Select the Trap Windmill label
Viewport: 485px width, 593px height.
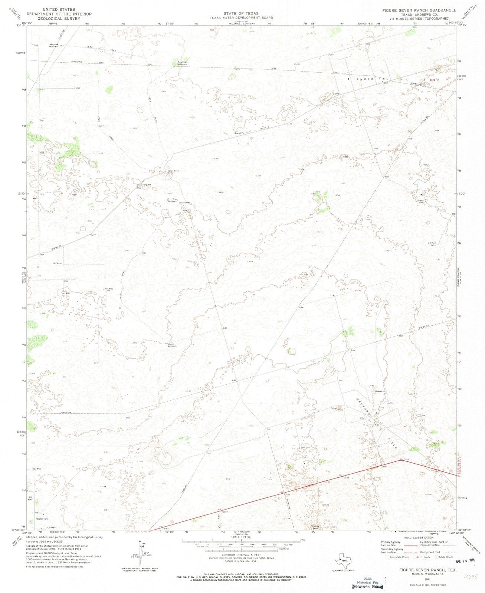click(x=173, y=201)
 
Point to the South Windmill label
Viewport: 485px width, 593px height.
click(x=172, y=345)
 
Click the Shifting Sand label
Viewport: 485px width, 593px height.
click(x=315, y=527)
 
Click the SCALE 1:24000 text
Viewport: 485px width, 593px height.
click(x=241, y=537)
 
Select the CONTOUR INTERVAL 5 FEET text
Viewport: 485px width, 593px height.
click(x=241, y=554)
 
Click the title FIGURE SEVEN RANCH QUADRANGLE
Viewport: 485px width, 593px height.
click(x=419, y=10)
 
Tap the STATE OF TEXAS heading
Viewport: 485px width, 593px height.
click(x=241, y=13)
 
